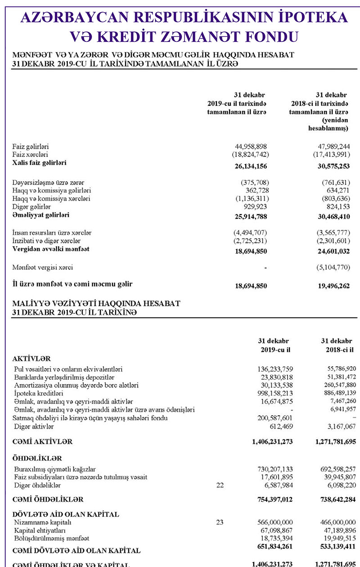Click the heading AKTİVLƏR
tap(31, 359)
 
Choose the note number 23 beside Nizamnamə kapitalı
tap(220, 522)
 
